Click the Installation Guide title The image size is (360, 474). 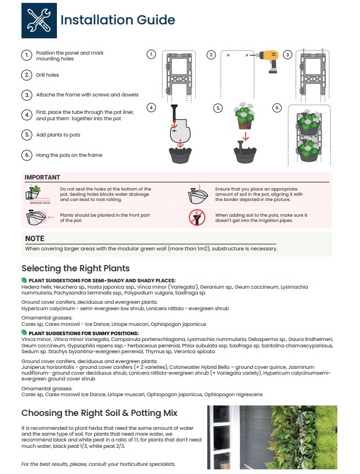[x=117, y=20]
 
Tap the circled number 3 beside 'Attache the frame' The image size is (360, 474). [x=27, y=95]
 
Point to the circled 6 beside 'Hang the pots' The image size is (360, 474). [x=27, y=155]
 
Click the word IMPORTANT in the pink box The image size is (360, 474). [x=42, y=177]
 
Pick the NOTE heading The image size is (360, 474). [x=35, y=238]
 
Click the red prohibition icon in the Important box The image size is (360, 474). [x=197, y=217]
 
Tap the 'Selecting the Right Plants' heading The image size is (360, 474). [x=75, y=268]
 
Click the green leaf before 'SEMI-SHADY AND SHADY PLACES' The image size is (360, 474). [x=24, y=281]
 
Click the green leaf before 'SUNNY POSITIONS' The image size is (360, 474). [x=24, y=333]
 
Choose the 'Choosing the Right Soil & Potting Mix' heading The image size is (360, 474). [x=99, y=413]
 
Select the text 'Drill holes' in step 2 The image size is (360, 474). [x=48, y=75]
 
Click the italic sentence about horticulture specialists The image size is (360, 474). [x=98, y=464]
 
